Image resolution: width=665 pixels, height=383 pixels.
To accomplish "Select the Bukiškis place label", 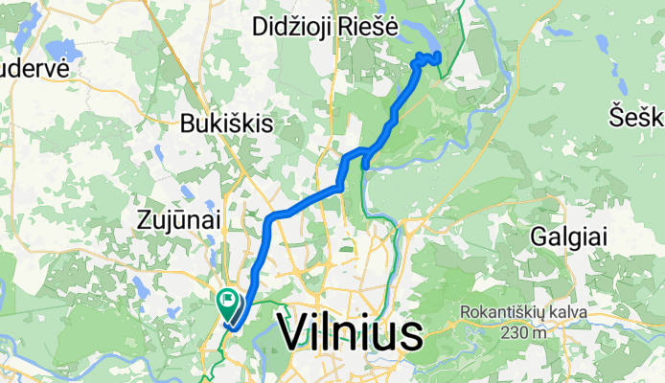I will tap(228, 124).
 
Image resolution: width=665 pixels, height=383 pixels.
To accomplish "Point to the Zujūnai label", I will tap(178, 220).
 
